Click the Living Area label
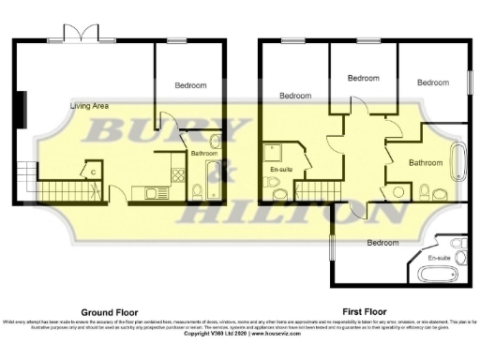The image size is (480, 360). click(x=89, y=106)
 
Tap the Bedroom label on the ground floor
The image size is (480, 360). click(x=190, y=85)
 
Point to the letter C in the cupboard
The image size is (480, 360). click(x=92, y=171)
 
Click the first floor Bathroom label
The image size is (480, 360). click(x=425, y=162)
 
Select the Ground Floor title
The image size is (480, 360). click(x=109, y=311)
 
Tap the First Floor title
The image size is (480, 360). click(x=366, y=311)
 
